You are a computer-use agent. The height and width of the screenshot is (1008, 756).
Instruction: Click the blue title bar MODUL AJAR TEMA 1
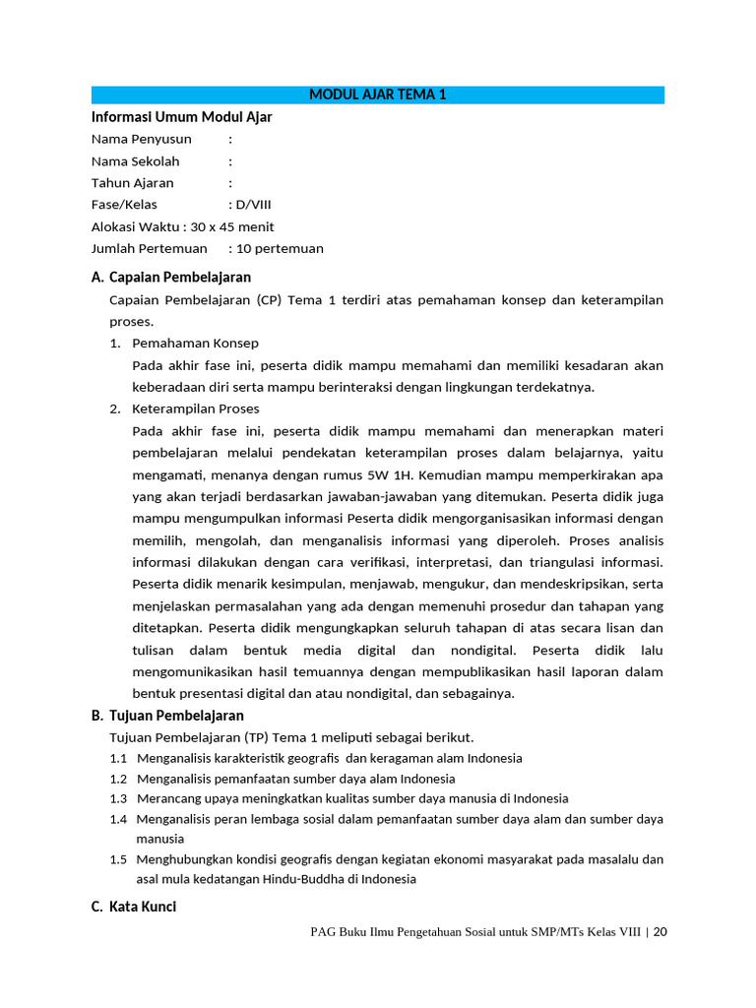click(378, 94)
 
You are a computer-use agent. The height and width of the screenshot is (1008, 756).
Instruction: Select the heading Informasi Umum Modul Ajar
click(181, 117)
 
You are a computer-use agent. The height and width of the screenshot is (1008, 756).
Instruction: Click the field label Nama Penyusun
click(142, 139)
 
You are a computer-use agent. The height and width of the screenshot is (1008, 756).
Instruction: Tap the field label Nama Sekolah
click(136, 160)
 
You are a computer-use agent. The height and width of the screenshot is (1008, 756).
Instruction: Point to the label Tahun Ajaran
click(133, 182)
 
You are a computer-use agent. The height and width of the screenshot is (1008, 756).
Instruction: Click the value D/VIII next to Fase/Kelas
click(255, 204)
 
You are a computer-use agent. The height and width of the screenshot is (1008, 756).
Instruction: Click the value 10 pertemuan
click(280, 248)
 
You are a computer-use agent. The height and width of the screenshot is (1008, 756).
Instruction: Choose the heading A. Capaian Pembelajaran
click(171, 278)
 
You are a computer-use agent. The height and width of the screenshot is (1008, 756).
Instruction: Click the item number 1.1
click(119, 758)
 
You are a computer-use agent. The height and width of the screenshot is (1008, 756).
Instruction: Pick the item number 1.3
click(119, 798)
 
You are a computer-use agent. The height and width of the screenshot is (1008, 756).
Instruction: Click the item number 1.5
click(119, 859)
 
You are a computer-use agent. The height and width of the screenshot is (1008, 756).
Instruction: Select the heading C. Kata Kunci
click(134, 907)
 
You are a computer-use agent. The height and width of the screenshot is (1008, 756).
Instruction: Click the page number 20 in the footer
click(660, 932)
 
